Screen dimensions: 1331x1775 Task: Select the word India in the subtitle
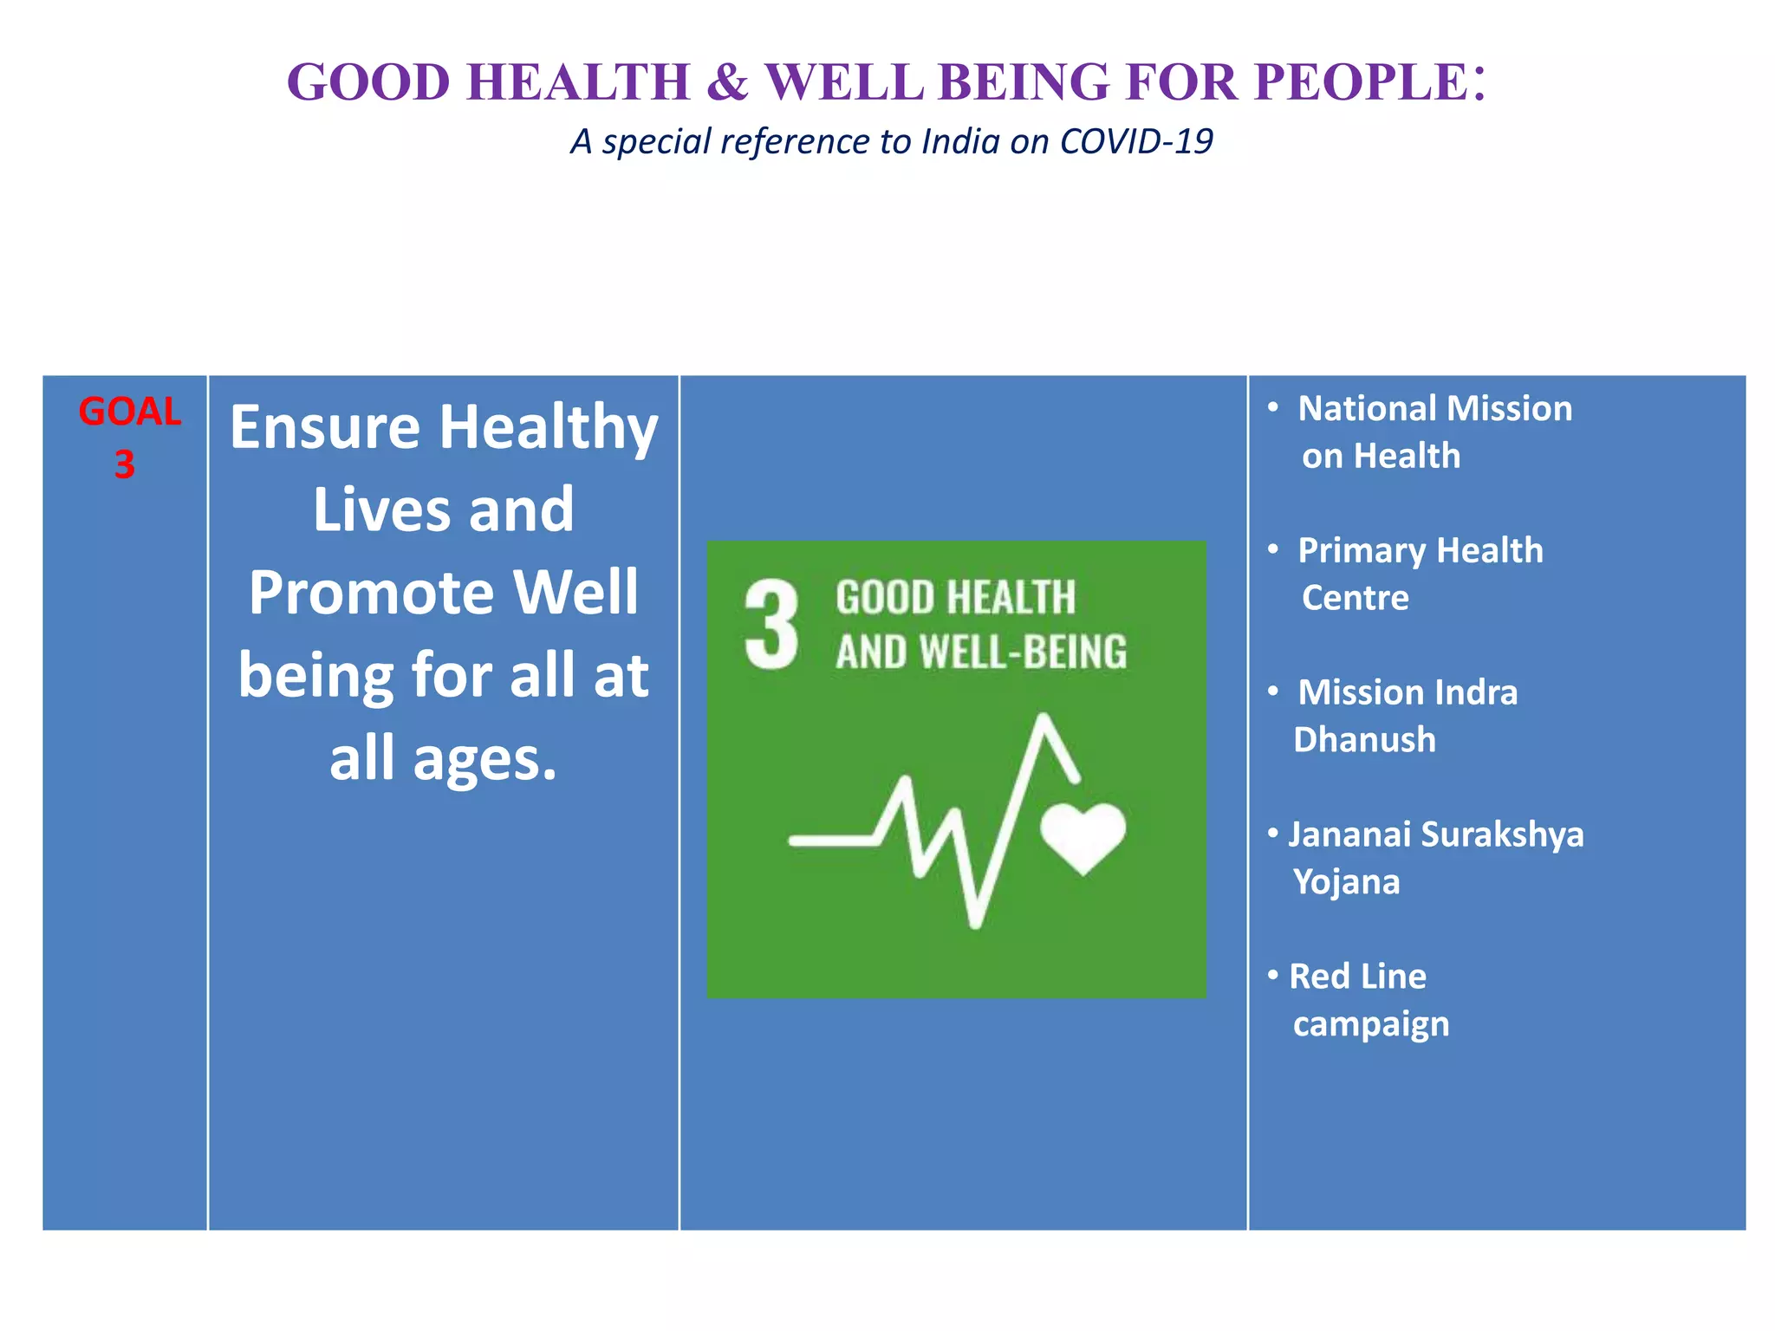pyautogui.click(x=960, y=141)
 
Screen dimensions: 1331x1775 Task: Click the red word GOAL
pyautogui.click(x=129, y=412)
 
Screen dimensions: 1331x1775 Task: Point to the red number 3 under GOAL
pyautogui.click(x=125, y=465)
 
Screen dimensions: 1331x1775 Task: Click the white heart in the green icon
pyautogui.click(x=1083, y=835)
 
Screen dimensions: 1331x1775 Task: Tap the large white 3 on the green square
pyautogui.click(x=770, y=626)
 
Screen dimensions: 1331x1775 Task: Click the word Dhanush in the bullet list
pyautogui.click(x=1364, y=740)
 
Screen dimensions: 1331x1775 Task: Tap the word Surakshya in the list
pyautogui.click(x=1502, y=834)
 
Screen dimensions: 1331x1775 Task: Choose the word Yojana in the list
pyautogui.click(x=1346, y=882)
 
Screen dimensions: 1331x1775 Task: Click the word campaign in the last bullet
pyautogui.click(x=1370, y=1024)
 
